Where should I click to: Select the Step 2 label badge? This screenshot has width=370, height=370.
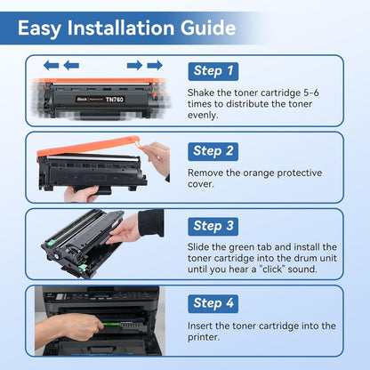point(213,150)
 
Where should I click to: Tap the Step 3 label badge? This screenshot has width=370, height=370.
point(213,226)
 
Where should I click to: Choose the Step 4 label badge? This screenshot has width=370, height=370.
point(213,303)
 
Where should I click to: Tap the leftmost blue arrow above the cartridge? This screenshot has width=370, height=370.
point(51,65)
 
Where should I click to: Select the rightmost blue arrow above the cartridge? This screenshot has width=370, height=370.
point(155,65)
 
